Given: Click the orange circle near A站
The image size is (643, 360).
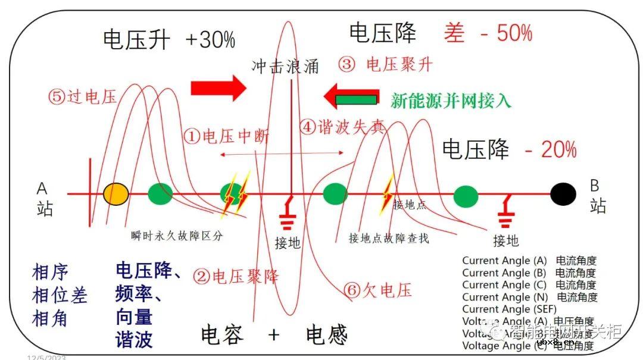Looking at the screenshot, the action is [x=116, y=193].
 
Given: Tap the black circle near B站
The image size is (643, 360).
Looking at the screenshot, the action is [x=563, y=193].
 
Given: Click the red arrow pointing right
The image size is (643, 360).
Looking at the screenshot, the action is [x=218, y=88].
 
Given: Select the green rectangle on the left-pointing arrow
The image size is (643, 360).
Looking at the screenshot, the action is [x=356, y=99].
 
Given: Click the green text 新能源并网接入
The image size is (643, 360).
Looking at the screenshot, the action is [x=451, y=100].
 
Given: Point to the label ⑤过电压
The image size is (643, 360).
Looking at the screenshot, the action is [x=83, y=97].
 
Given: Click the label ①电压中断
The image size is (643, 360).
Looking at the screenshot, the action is [x=226, y=136].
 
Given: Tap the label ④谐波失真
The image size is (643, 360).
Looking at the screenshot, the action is [x=342, y=127].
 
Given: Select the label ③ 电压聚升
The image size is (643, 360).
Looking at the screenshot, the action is [x=385, y=64].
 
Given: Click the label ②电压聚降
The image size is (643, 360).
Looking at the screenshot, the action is [x=236, y=276].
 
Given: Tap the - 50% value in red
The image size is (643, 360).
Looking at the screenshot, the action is [x=506, y=33].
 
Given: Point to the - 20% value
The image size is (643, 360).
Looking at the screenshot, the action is [x=551, y=149].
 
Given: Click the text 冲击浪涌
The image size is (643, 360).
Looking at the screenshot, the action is [x=285, y=65].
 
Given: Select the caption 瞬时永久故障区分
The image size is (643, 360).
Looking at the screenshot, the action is [x=177, y=236].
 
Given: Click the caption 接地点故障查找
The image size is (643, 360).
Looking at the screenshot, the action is [x=389, y=239].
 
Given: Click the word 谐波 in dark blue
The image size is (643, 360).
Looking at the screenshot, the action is [x=134, y=339].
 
